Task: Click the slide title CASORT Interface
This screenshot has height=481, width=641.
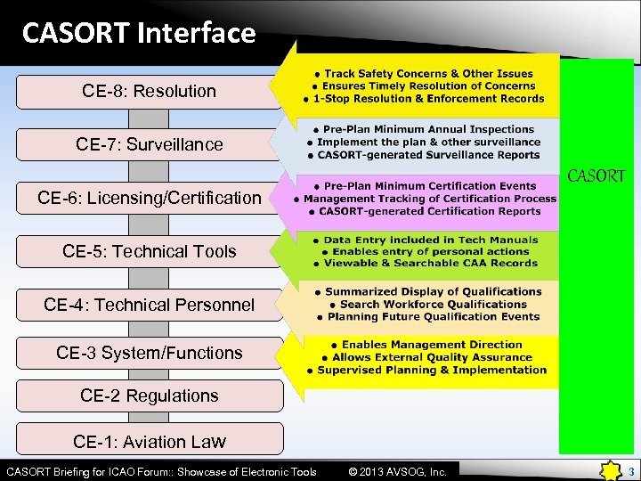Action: (x=139, y=33)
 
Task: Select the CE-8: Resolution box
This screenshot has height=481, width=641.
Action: (x=149, y=91)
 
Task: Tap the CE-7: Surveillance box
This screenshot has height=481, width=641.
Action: (x=149, y=144)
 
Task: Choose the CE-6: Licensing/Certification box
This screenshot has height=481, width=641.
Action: (x=149, y=198)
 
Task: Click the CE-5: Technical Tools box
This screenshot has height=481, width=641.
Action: (x=149, y=251)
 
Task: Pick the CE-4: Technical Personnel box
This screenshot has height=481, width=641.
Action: (x=149, y=305)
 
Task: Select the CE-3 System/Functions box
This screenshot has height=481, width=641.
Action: (x=149, y=353)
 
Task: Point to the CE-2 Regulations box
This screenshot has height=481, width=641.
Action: (x=149, y=395)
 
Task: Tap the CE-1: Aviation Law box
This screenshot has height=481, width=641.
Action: (x=149, y=441)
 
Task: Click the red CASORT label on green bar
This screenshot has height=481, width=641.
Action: (x=596, y=176)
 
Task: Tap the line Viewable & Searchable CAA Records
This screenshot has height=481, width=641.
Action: (x=425, y=263)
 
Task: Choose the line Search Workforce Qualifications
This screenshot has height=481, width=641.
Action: (x=427, y=304)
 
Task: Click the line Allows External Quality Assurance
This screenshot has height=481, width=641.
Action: (x=426, y=357)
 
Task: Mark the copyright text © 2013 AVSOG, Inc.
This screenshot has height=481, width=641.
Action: (x=398, y=471)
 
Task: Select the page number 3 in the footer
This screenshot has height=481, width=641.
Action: (x=630, y=471)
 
